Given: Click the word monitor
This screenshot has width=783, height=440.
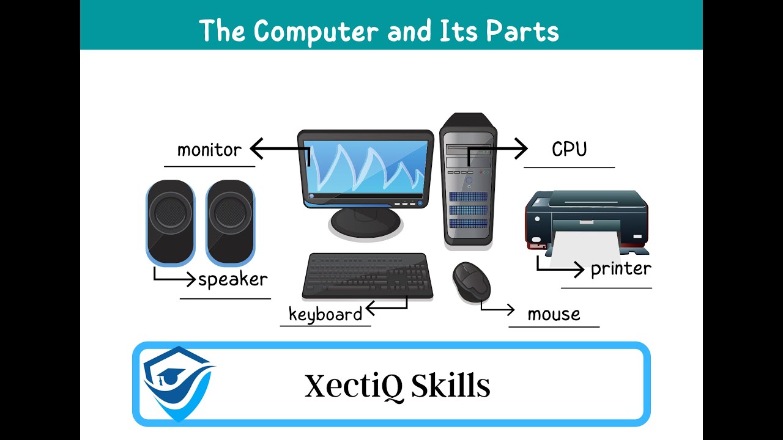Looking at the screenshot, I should [209, 150].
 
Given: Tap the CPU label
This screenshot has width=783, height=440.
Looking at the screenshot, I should [569, 149].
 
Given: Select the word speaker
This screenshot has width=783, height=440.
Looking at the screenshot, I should [232, 280].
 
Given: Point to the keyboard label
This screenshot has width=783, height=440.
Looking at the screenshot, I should [325, 314].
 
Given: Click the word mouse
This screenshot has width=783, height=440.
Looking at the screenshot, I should [554, 314].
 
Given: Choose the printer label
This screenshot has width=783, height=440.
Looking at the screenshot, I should [621, 268].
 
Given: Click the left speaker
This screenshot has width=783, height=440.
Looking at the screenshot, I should [170, 223].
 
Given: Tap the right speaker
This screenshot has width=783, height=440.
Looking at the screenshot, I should [230, 223].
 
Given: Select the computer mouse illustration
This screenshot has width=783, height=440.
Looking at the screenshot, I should [471, 281].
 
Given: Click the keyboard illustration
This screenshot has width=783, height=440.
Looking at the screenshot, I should [367, 276].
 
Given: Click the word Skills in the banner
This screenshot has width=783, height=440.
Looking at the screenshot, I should [451, 386].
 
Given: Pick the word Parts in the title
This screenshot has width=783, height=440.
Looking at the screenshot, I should [522, 31].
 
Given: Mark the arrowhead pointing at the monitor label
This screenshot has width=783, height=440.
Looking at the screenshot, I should [257, 148].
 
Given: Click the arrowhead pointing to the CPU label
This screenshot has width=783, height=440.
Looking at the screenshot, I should [521, 148].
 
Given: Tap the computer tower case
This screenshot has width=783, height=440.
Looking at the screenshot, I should [469, 180].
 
